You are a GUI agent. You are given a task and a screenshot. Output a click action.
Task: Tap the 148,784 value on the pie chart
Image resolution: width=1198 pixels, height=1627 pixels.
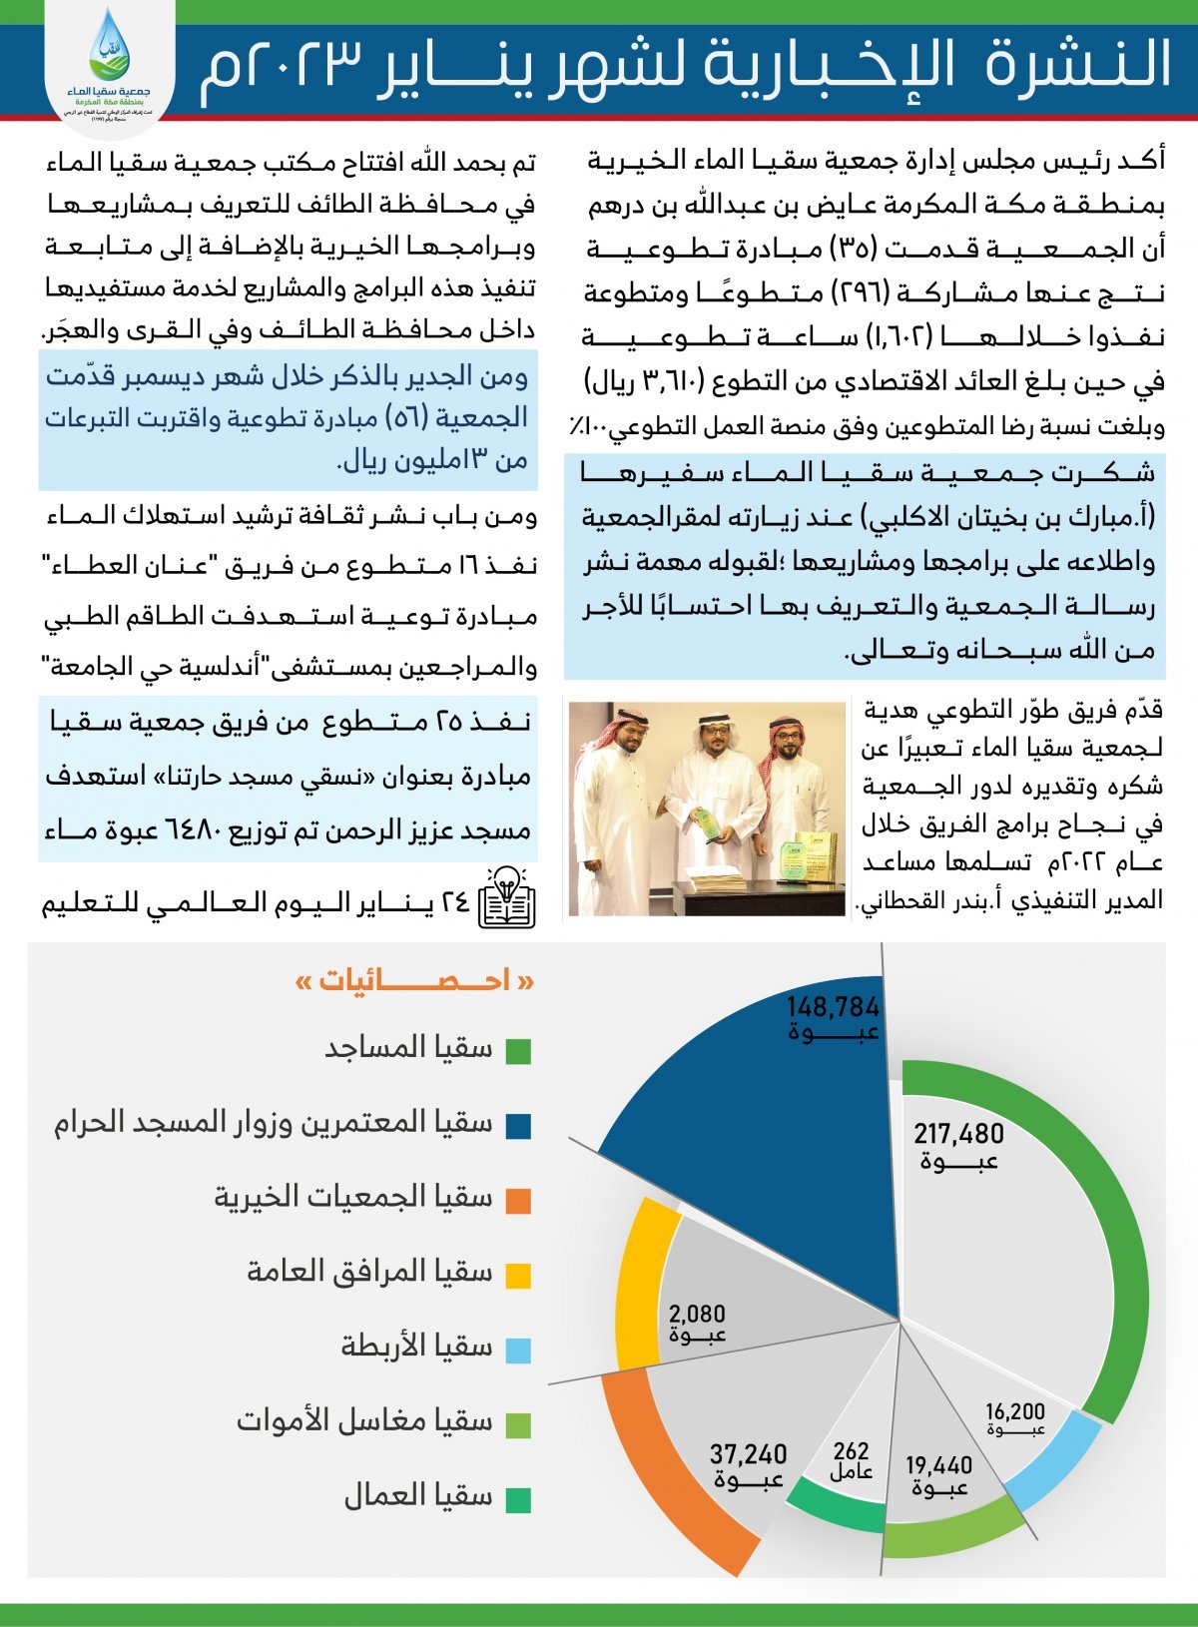point(833,1007)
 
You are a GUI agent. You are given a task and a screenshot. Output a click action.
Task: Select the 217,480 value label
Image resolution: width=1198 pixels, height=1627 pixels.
point(958,1135)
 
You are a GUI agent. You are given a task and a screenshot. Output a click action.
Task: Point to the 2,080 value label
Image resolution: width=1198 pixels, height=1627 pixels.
point(697,1315)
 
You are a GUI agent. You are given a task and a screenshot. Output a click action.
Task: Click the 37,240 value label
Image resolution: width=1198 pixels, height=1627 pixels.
point(748,1455)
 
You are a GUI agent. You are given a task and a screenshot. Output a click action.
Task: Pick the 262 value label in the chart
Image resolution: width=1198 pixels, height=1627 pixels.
point(851,1452)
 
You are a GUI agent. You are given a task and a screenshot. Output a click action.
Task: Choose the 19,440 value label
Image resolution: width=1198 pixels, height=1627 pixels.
point(938,1466)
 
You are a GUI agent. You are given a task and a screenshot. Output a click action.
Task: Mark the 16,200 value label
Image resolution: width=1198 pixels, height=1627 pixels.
point(1014,1412)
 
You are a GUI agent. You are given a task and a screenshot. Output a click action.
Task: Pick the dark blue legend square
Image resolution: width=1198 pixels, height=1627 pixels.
point(518,1127)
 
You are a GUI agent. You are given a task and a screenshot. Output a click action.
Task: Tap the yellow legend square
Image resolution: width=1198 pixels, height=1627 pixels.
point(518,1275)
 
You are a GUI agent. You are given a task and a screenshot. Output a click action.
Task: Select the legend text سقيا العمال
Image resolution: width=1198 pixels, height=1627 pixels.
point(418,1496)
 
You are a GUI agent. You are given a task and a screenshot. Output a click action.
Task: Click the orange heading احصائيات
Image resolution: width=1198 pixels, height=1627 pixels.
point(414,982)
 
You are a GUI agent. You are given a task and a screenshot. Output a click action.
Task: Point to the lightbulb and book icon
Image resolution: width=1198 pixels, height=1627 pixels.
point(507,897)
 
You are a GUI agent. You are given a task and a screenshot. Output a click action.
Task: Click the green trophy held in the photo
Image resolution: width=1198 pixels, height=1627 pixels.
point(707,824)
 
